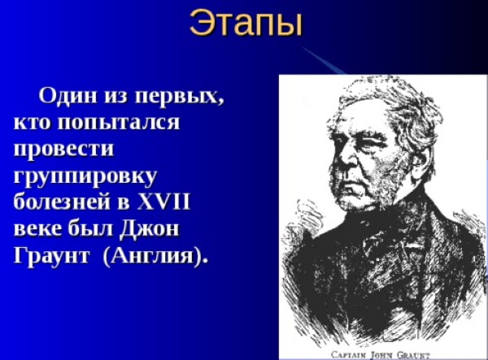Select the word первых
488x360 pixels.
(179, 97)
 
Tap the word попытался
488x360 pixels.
(119, 122)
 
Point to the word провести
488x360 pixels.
(63, 150)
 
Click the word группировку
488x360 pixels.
(85, 177)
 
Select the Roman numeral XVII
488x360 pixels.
(163, 202)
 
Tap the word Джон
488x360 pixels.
(150, 229)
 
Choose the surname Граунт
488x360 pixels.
(52, 256)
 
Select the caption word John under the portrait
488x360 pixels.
(381, 355)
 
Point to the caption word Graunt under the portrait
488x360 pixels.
(412, 355)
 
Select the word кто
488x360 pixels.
(33, 123)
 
